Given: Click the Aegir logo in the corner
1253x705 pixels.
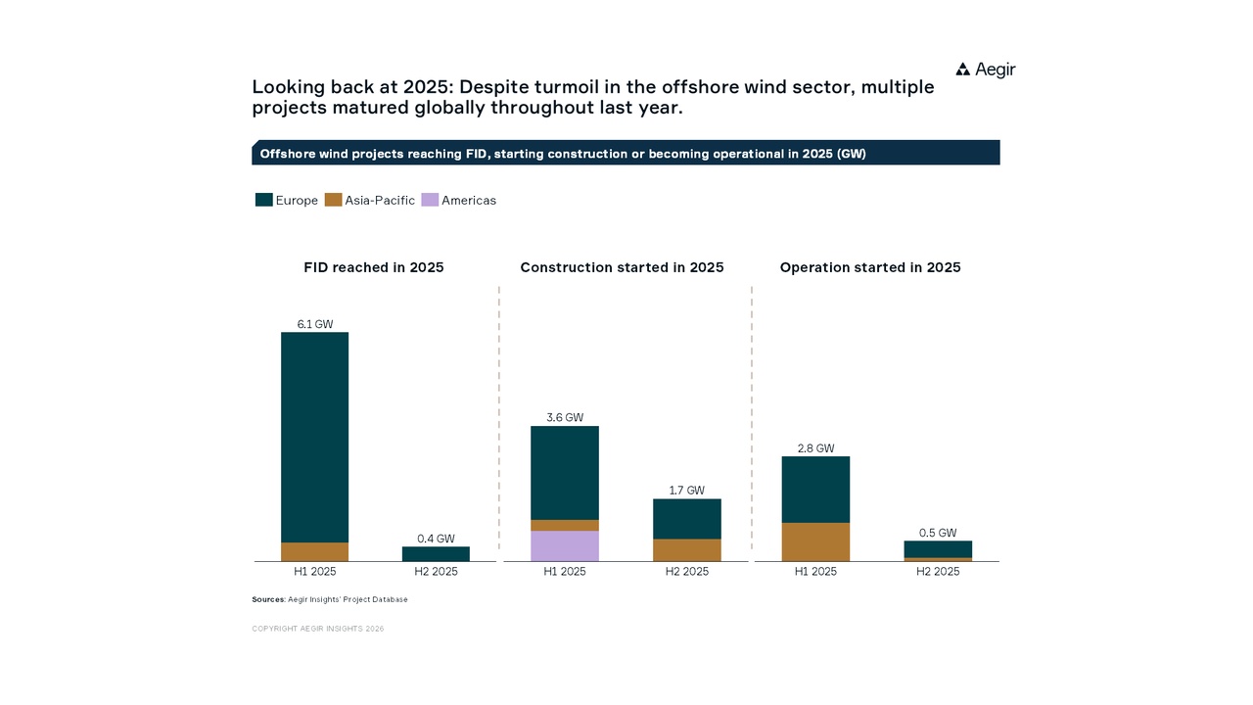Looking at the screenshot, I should point(985,70).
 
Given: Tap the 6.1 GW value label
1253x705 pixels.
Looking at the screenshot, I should point(315,324).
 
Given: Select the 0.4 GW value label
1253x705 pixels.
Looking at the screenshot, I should point(436,539).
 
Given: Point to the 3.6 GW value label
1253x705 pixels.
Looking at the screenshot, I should point(565,418).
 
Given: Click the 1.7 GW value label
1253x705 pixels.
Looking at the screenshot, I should point(686,491).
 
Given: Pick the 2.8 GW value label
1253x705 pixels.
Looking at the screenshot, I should point(815,448).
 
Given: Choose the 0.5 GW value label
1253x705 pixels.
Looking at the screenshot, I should point(938,534).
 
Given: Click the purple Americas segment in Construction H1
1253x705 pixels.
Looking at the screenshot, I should point(565,545).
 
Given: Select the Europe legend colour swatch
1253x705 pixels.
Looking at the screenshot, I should point(263,200).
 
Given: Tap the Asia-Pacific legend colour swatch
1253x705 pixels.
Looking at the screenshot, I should point(333,200).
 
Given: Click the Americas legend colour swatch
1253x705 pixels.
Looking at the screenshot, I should point(430,200).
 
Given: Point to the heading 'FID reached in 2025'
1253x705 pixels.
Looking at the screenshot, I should point(374,267).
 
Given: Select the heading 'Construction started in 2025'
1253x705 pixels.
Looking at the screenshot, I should point(622,267).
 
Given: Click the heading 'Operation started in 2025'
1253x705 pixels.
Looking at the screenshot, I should point(870,267).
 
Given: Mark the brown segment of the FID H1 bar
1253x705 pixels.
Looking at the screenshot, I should point(315,551).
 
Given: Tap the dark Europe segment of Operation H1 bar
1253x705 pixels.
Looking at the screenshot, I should point(815,490).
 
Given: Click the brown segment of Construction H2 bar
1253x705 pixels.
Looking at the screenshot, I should point(686,549).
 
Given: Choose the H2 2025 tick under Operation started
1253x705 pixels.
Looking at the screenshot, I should point(938,572).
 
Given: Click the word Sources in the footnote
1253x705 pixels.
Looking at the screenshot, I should point(267,599).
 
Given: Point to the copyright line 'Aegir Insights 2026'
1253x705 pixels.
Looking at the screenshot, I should point(318,629).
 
